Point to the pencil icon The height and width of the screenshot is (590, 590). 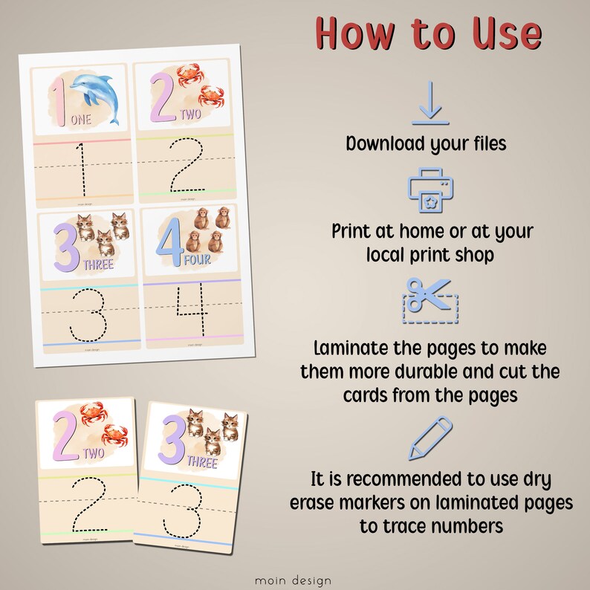coord(430,438)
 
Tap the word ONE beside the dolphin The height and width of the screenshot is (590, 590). coord(81,119)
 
